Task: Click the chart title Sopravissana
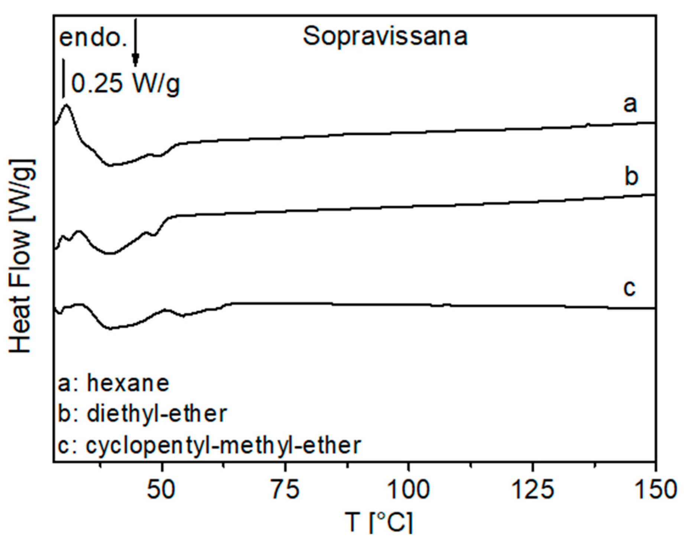click(385, 36)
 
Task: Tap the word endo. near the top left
click(93, 38)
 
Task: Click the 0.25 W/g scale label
click(126, 83)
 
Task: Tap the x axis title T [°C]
click(379, 522)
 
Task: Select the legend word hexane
click(128, 383)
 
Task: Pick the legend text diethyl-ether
click(156, 413)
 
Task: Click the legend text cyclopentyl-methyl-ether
click(223, 445)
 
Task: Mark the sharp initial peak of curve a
click(67, 106)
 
